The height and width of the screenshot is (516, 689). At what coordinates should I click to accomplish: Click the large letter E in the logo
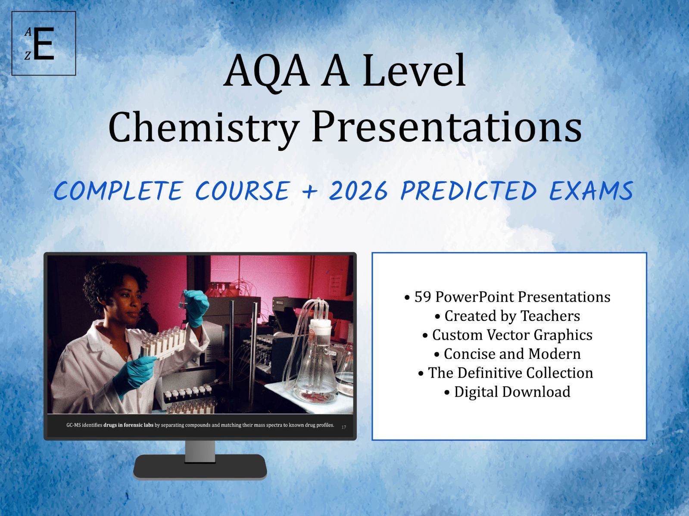pos(44,44)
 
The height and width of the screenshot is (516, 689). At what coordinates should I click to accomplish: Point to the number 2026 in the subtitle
pos(358,191)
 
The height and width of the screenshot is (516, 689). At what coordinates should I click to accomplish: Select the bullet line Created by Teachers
pos(508,316)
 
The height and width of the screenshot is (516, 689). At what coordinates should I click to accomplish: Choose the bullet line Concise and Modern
pos(508,354)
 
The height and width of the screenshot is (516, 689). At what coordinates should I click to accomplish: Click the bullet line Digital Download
pos(508,392)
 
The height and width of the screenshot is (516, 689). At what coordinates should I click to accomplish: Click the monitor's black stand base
pos(200,466)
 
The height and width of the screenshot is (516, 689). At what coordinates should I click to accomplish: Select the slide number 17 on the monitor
pos(343,427)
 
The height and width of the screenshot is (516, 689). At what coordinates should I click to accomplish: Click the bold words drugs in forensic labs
pos(128,425)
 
